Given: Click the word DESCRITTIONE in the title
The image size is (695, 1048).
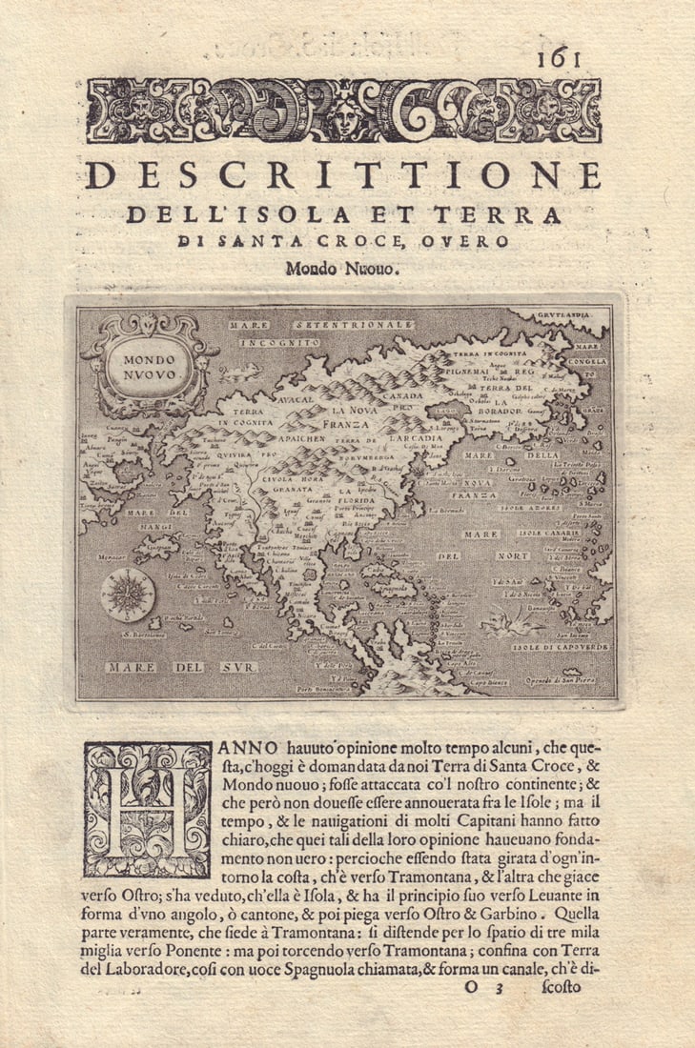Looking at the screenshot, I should click(343, 175).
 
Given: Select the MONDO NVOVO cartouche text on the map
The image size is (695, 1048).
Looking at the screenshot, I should click(149, 367).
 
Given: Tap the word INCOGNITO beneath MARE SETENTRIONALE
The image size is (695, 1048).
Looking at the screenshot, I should click(278, 340).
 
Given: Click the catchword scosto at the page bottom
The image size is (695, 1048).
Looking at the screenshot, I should click(560, 985).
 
